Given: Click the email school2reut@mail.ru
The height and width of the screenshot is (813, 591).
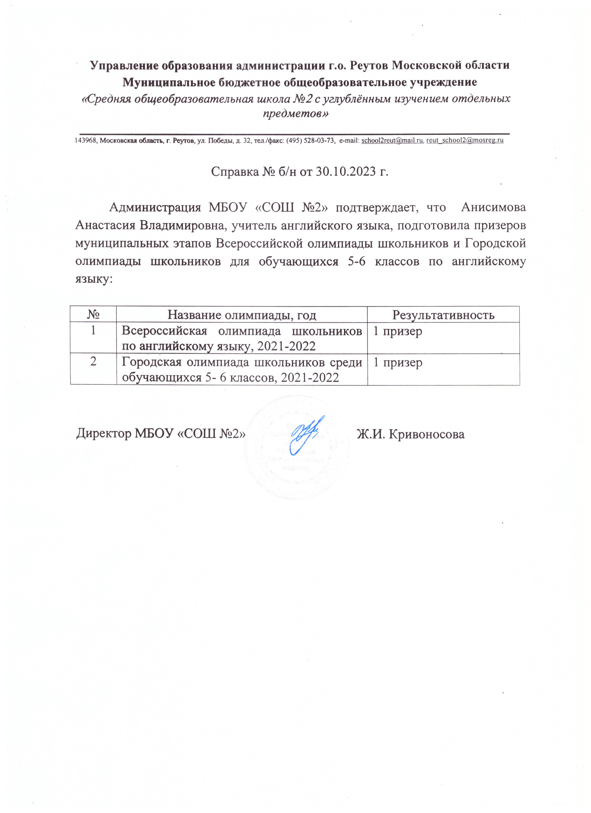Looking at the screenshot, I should coord(393,141).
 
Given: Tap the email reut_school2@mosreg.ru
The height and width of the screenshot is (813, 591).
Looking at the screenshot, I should coord(465,141).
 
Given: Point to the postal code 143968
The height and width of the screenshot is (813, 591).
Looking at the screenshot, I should coord(86,141).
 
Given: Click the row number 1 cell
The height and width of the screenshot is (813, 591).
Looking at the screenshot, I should coord(93,331).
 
